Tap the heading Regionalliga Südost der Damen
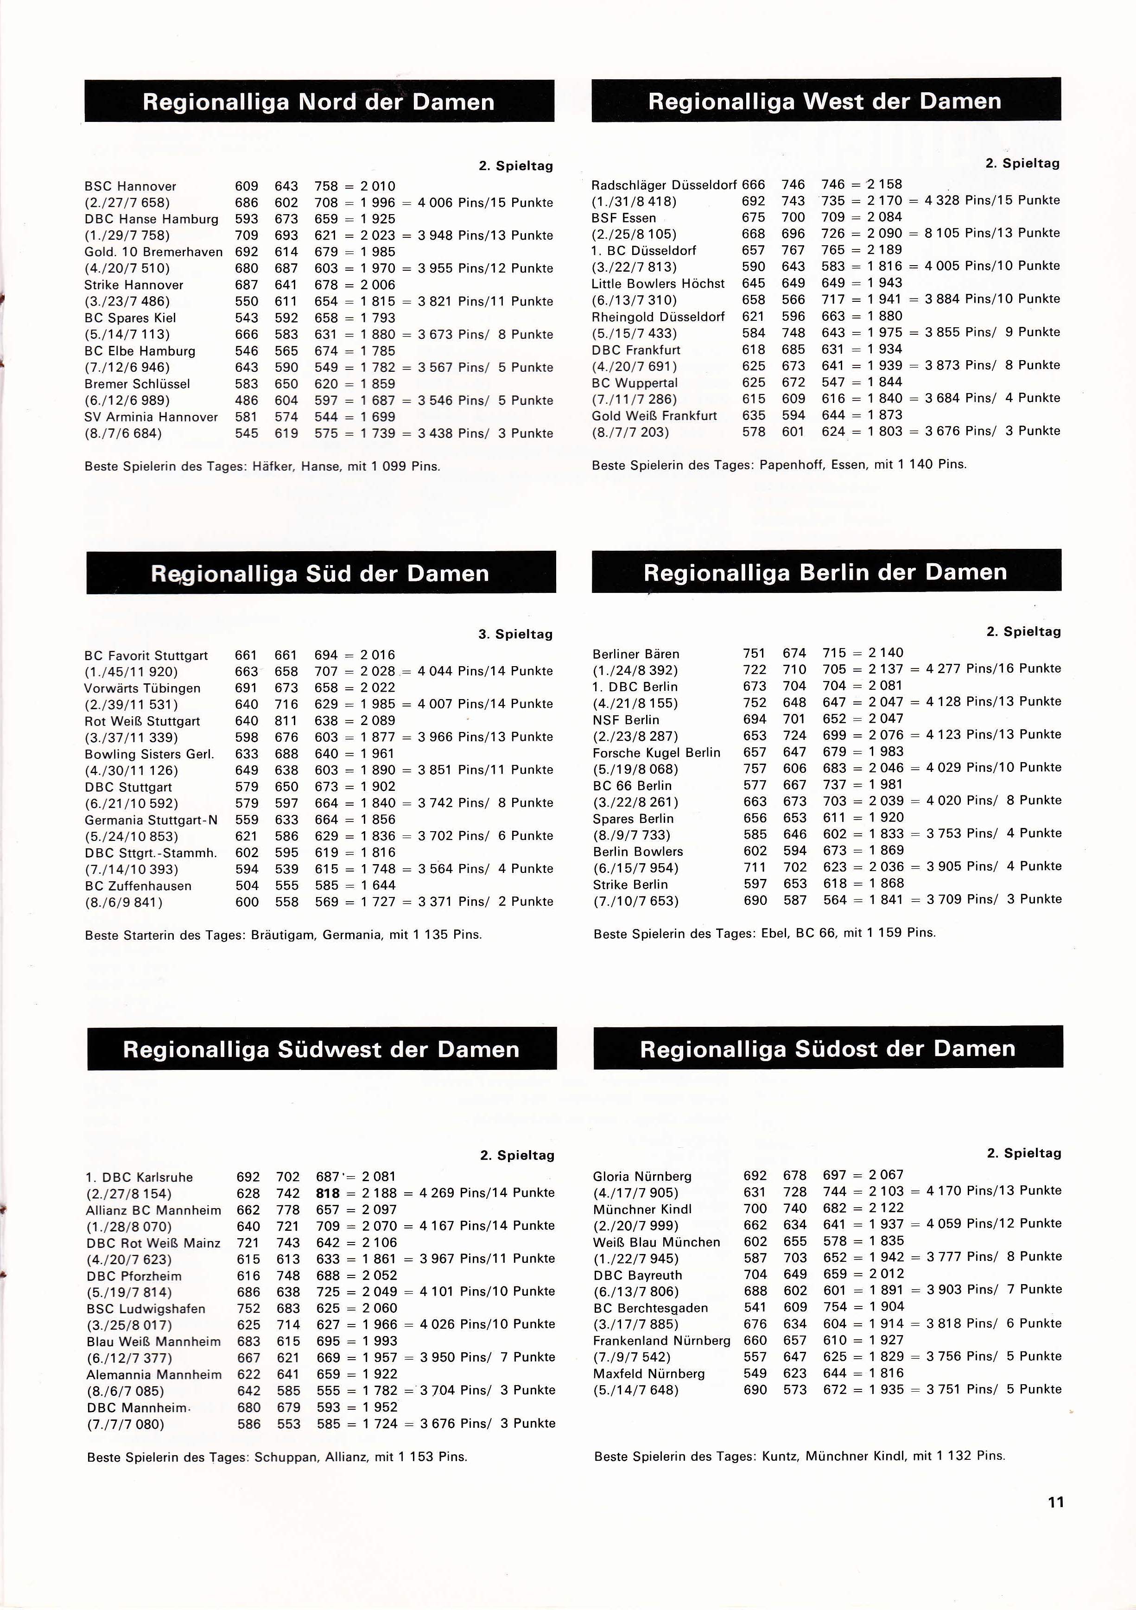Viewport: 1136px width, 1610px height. coord(827,1048)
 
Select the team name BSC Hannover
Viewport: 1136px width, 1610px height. coord(130,186)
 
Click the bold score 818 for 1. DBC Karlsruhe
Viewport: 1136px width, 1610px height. coord(328,1193)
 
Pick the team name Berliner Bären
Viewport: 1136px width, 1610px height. coord(636,654)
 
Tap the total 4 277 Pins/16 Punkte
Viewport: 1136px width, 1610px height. coord(993,669)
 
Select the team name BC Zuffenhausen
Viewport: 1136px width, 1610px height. coord(138,885)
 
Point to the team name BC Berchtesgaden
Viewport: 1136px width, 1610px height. coord(651,1308)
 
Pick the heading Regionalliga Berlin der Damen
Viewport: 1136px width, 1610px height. coord(825,572)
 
